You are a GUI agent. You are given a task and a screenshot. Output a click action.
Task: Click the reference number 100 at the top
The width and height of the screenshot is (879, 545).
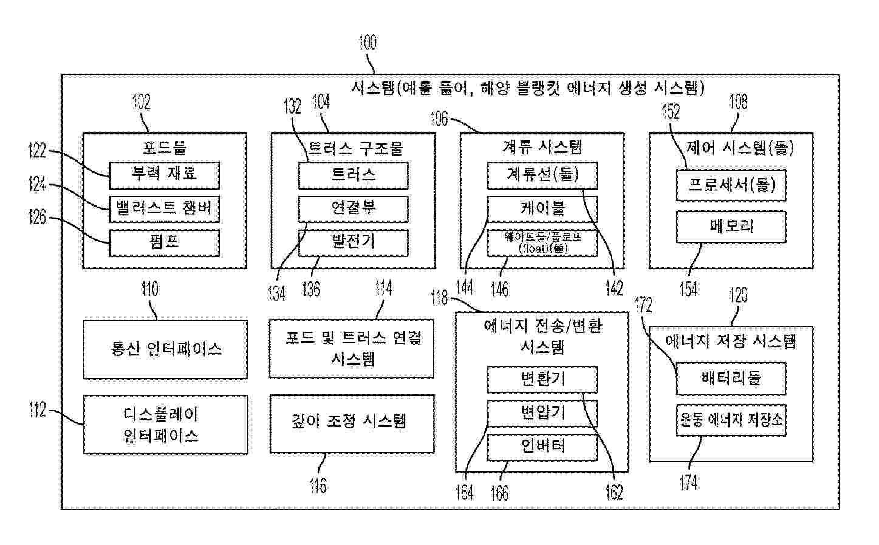coord(368,43)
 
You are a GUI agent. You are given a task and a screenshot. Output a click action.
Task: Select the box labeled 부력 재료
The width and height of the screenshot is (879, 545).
coord(165,176)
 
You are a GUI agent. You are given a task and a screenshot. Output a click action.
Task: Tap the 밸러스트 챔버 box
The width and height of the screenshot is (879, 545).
coord(165,209)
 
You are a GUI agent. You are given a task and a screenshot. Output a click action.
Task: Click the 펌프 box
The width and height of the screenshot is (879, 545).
coord(165,243)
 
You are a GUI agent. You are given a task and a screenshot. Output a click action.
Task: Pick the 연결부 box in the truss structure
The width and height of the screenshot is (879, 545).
coord(353,209)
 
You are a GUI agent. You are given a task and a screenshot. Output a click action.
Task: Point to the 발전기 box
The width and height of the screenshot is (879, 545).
coord(353,243)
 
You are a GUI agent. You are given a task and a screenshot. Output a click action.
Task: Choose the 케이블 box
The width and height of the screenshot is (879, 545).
coord(542,209)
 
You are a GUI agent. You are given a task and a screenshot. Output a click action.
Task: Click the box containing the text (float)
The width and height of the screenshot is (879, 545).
coord(542,243)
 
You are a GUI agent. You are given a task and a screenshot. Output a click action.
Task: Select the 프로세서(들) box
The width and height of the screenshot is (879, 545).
coord(731,185)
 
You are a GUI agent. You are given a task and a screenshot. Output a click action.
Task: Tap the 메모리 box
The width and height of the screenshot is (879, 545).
coord(731,227)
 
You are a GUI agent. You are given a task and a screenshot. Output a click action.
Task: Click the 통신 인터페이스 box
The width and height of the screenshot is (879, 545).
coord(165,349)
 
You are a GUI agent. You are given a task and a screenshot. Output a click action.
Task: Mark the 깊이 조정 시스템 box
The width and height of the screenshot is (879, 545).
coord(352,424)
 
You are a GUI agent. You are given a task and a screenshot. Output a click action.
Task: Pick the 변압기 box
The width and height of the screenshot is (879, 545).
coord(542,414)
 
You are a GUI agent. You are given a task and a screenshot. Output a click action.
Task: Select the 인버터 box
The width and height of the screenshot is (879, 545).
coord(542,447)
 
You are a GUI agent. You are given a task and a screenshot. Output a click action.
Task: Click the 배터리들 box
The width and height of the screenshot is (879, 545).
coord(731,379)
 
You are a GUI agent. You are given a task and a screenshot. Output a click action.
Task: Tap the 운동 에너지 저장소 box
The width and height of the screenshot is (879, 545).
coord(731,420)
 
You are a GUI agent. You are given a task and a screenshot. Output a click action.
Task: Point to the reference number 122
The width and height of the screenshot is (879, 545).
coord(37,151)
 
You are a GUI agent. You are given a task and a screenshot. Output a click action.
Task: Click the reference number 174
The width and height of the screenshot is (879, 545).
coord(689,482)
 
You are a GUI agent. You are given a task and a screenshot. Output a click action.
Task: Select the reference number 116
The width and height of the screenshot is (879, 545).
coord(318,485)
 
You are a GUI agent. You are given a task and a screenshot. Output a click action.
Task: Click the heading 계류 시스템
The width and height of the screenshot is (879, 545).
coord(542,147)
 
